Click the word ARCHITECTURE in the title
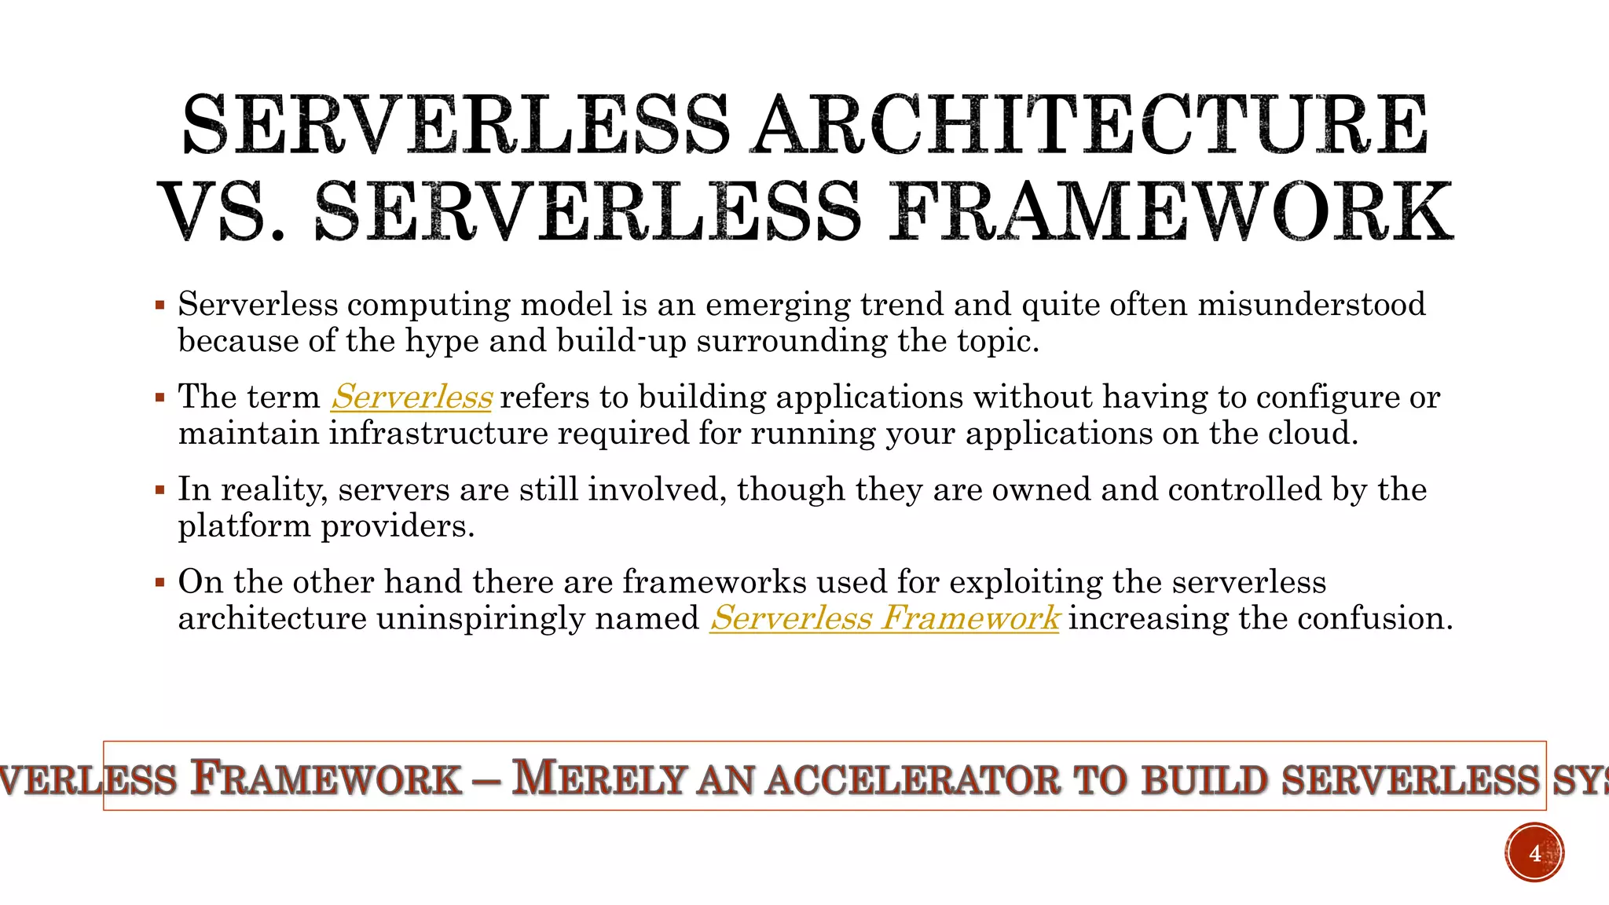(x=1090, y=125)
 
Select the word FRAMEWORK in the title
(x=1171, y=212)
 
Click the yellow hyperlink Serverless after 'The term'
(x=412, y=397)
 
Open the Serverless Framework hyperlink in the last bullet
(x=885, y=618)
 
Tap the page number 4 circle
(x=1534, y=853)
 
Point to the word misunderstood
(x=1311, y=305)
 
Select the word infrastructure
(x=438, y=434)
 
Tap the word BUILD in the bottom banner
(x=1204, y=780)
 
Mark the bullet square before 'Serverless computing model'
(x=160, y=305)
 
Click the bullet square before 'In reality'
(x=160, y=490)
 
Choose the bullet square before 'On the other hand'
(x=160, y=582)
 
